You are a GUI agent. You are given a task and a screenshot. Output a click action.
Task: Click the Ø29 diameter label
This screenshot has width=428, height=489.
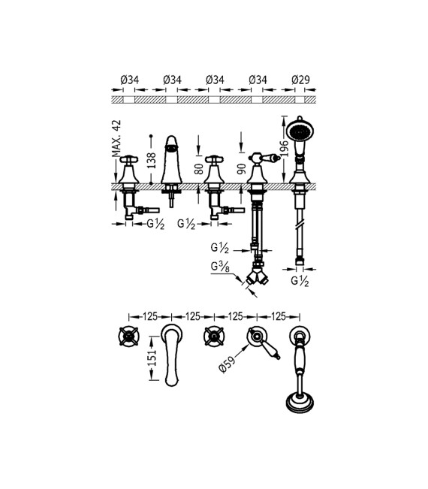(300, 80)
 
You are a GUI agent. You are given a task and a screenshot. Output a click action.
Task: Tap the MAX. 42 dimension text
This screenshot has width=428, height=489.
(116, 138)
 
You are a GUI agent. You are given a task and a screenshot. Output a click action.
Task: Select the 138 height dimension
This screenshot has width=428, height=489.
(151, 160)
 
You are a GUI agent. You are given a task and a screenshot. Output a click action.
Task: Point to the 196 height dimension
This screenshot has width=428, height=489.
(284, 149)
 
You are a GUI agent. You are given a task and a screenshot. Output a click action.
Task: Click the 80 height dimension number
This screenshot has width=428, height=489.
(199, 169)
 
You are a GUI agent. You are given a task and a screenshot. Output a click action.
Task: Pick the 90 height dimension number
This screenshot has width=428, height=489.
(242, 169)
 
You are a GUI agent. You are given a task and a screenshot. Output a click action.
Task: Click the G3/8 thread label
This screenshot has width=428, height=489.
(220, 267)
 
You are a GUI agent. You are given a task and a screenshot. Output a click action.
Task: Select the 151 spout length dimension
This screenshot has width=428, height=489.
(151, 358)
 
